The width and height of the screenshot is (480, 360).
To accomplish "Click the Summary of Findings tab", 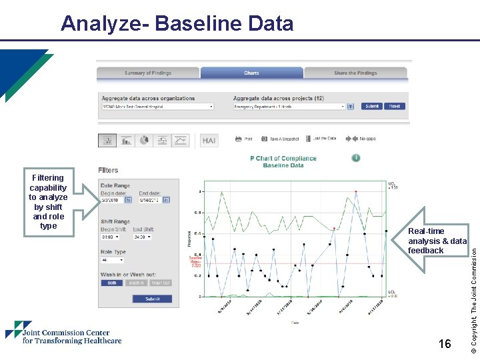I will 148,73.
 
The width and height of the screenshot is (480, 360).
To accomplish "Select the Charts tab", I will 251,73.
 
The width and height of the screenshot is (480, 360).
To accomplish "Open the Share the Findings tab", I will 355,73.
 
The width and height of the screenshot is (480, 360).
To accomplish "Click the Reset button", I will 395,106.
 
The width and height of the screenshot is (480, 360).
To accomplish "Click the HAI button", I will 209,141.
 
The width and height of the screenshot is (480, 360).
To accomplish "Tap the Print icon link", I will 244,139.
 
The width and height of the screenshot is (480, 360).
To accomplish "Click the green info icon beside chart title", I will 356,158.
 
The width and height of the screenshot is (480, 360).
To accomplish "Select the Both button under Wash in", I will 111,283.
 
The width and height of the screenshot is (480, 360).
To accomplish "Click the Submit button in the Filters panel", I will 153,299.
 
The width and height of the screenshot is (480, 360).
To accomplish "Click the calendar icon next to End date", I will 167,199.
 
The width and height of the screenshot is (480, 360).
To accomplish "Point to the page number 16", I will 445,344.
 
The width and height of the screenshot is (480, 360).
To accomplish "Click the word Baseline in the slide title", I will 206,24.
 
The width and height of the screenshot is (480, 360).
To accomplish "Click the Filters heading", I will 108,171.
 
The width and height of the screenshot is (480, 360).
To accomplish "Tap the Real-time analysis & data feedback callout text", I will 437,241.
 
